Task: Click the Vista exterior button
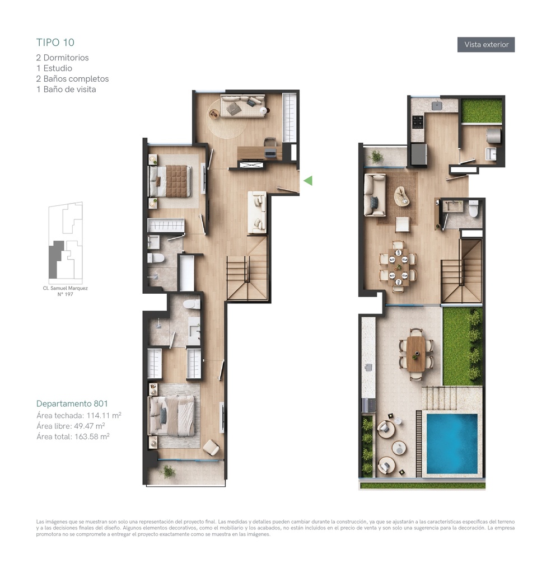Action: [486, 45]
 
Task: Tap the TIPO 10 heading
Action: [55, 43]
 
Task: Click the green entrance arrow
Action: [308, 181]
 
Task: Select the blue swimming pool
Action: [452, 443]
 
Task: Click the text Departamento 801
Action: [72, 403]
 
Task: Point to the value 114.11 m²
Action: [104, 415]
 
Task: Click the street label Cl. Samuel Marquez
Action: [65, 288]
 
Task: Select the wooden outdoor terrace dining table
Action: [415, 354]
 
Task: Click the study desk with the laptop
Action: [260, 153]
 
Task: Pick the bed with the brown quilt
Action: [170, 181]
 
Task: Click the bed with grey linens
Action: [171, 416]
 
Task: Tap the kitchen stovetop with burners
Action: [418, 122]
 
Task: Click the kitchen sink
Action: [437, 106]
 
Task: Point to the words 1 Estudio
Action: [54, 68]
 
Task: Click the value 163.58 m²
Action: [92, 436]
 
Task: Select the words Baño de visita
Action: [69, 90]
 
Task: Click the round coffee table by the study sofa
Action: [213, 115]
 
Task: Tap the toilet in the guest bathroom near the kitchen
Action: [474, 209]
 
